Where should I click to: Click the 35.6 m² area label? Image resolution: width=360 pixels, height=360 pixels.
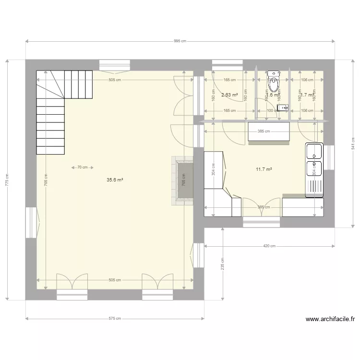click(115, 180)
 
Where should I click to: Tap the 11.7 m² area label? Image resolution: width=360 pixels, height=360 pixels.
click(264, 169)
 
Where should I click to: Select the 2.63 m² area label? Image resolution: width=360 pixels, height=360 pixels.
click(229, 95)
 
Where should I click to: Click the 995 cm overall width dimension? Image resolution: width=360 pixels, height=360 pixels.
click(180, 42)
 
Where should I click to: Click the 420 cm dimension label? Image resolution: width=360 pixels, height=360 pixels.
click(269, 246)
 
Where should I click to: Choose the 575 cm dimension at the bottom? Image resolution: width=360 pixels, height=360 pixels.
click(115, 318)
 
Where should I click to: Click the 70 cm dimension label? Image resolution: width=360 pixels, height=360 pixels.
click(82, 168)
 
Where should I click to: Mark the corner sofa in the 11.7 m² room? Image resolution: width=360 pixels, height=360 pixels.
click(218, 187)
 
